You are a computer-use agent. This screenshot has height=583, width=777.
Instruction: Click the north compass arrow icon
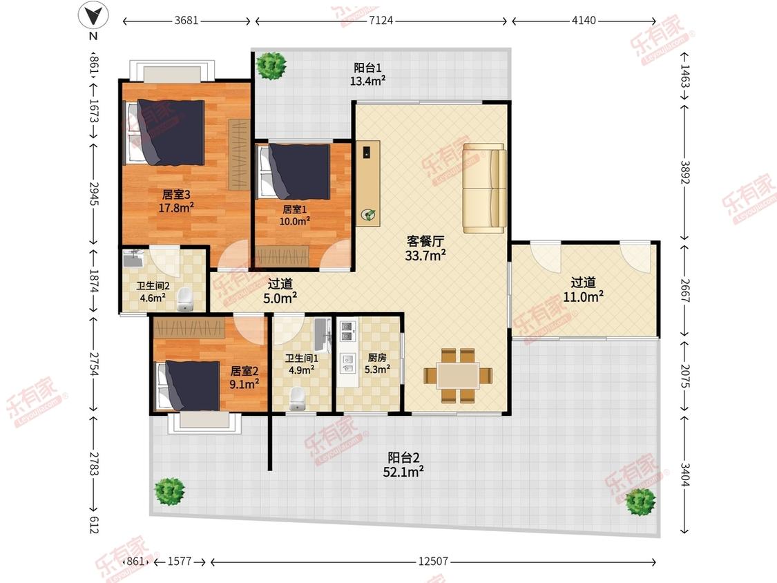[93, 16]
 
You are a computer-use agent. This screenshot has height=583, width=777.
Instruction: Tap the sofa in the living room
[485, 189]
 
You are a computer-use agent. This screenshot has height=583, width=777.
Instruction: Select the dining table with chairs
[458, 376]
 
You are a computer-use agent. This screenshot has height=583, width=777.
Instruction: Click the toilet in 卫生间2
[185, 299]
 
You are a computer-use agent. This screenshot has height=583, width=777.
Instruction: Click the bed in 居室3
[164, 133]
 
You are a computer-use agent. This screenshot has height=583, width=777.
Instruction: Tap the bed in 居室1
[294, 171]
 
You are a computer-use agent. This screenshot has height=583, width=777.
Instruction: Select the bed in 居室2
[188, 385]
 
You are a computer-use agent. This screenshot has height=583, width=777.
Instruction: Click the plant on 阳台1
[271, 65]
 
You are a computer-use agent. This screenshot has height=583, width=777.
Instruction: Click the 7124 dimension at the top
[381, 20]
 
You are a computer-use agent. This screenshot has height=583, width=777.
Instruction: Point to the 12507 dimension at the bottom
[433, 561]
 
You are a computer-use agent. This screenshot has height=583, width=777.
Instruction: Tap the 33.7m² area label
[425, 256]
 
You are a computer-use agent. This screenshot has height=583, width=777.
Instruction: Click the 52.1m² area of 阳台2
[403, 472]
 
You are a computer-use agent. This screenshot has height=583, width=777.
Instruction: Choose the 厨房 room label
[377, 357]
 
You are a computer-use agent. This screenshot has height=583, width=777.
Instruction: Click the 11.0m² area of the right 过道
[583, 297]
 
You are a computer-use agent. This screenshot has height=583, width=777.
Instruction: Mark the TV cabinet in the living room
[368, 184]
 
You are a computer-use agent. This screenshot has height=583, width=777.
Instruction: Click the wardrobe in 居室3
[239, 154]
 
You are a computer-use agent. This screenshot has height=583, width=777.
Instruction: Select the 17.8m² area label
[176, 208]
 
